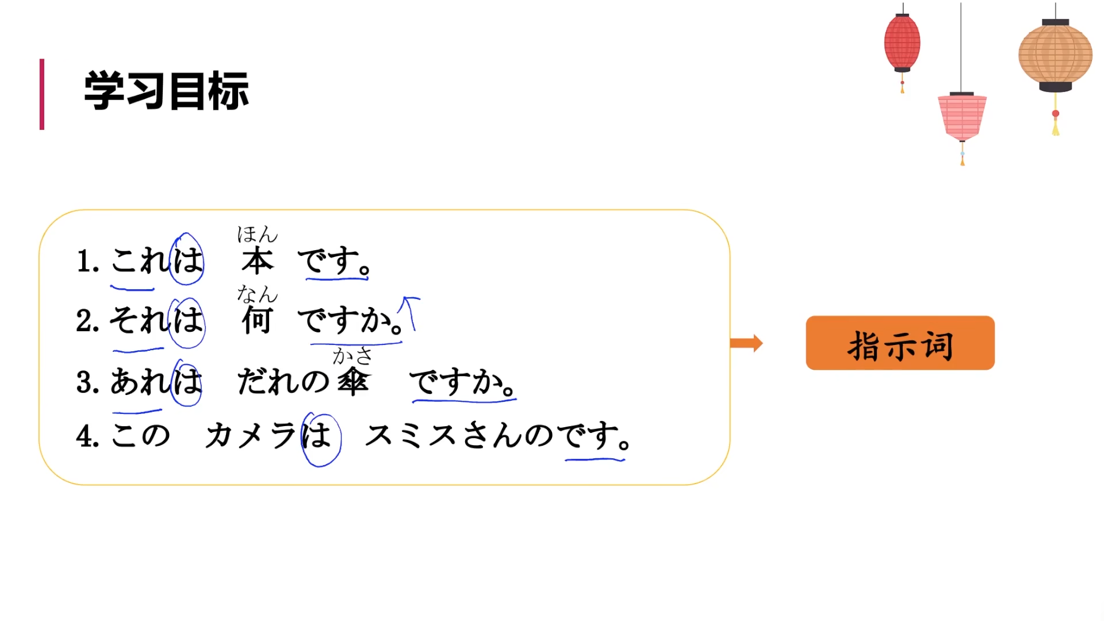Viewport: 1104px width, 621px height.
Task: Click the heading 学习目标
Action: point(166,91)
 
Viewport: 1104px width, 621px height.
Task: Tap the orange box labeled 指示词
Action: point(900,343)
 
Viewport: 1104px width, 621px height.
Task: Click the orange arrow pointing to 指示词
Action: point(746,343)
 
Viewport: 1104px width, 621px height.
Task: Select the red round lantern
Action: point(902,43)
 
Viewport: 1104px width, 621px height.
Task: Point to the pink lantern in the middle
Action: point(962,117)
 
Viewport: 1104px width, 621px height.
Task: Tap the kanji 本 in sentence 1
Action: point(257,262)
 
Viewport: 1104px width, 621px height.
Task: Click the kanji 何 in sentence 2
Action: point(256,320)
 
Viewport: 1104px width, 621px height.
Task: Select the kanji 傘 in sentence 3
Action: point(352,381)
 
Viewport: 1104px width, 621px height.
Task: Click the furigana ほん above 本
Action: point(257,234)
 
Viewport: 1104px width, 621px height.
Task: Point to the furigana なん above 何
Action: point(257,294)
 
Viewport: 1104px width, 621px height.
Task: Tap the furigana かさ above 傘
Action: point(352,356)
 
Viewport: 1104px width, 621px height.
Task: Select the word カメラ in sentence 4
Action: point(250,435)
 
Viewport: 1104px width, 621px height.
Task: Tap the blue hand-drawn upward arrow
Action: point(409,312)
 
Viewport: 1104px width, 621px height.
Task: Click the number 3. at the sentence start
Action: point(88,382)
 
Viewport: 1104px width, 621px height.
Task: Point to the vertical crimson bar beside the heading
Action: point(42,94)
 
